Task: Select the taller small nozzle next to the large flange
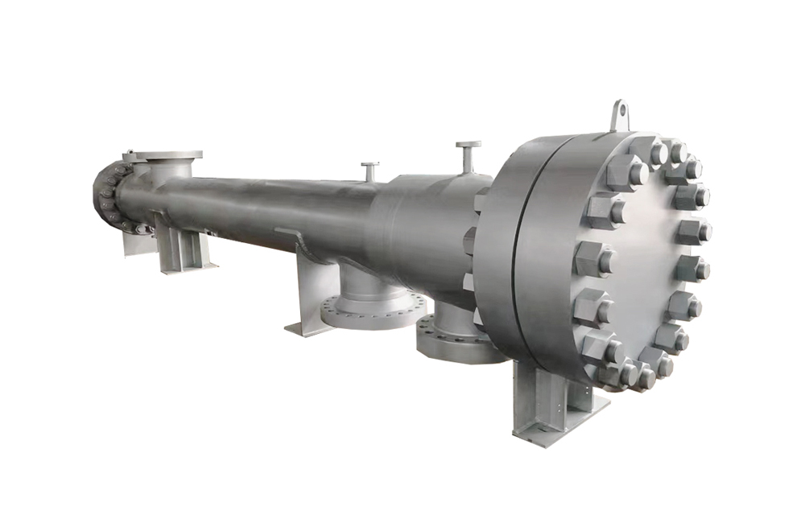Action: [x=468, y=157]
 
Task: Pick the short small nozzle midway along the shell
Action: [x=369, y=171]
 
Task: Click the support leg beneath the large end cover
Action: [x=547, y=398]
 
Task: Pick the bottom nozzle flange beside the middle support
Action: [x=367, y=310]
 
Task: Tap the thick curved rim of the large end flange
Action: [x=503, y=257]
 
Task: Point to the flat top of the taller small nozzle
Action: [x=468, y=145]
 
